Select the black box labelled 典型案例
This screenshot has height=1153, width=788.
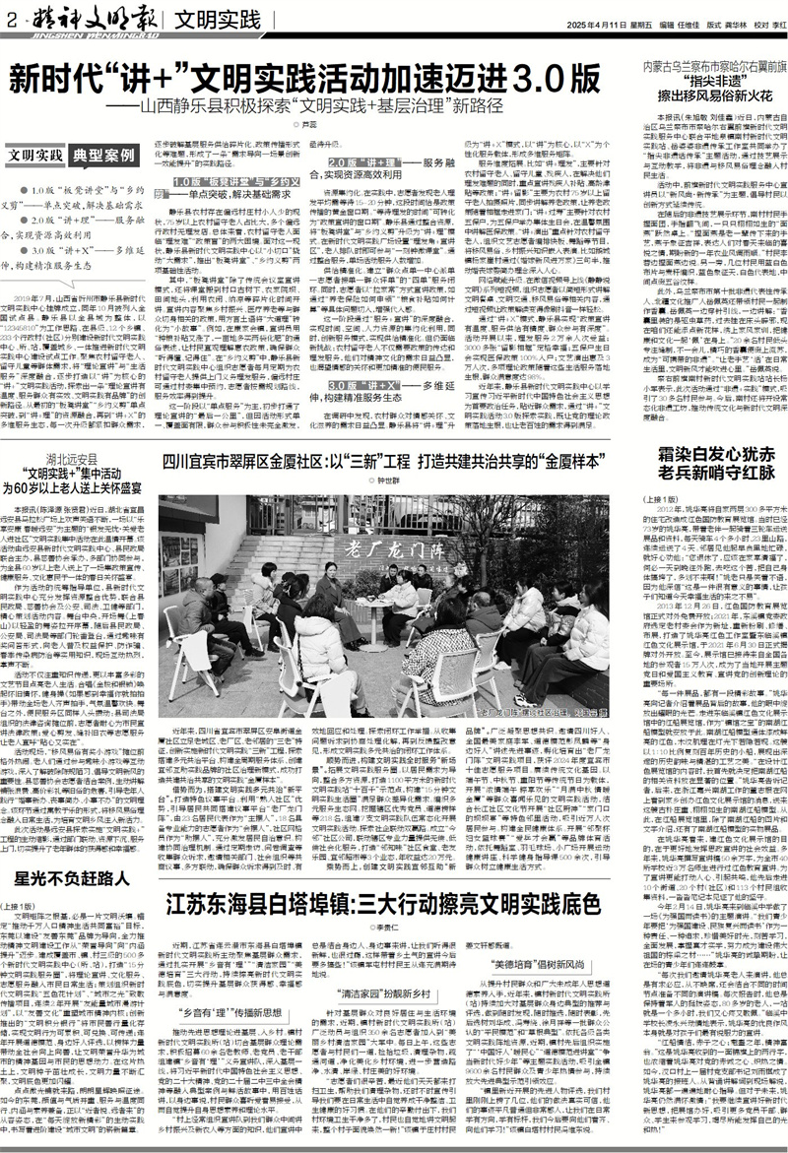107,156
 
